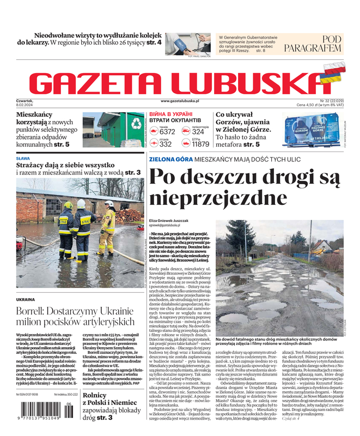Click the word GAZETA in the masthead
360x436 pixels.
coord(99,82)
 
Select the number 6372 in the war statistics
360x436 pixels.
coord(167,132)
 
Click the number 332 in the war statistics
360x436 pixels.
coord(166,144)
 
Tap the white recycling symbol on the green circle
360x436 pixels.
coord(136,124)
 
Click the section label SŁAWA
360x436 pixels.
coord(23,159)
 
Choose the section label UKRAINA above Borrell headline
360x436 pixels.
coord(26,299)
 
